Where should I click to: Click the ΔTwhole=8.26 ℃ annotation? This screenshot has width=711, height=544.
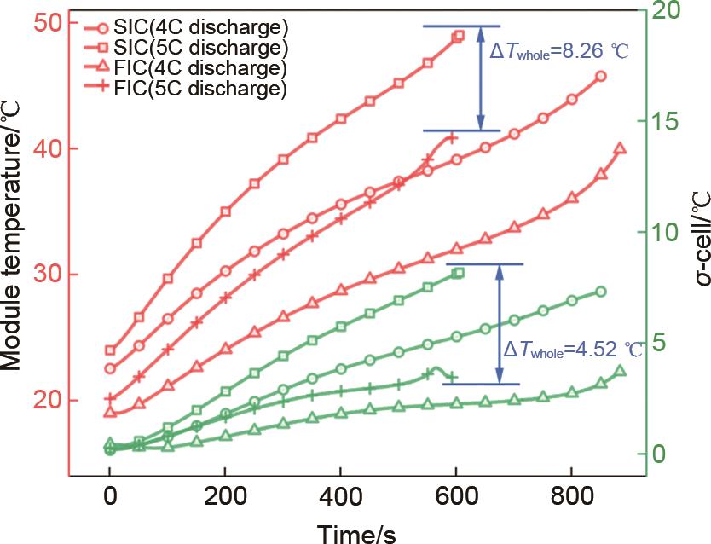pyautogui.click(x=559, y=51)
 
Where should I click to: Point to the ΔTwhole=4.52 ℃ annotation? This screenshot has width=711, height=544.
pyautogui.click(x=573, y=350)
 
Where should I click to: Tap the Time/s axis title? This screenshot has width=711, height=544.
pyautogui.click(x=357, y=533)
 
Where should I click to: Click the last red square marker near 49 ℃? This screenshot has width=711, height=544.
pyautogui.click(x=459, y=36)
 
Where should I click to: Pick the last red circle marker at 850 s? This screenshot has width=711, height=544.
pyautogui.click(x=600, y=76)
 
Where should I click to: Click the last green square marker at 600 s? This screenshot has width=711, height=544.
pyautogui.click(x=458, y=273)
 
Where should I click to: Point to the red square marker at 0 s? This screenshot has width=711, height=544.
pyautogui.click(x=110, y=350)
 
